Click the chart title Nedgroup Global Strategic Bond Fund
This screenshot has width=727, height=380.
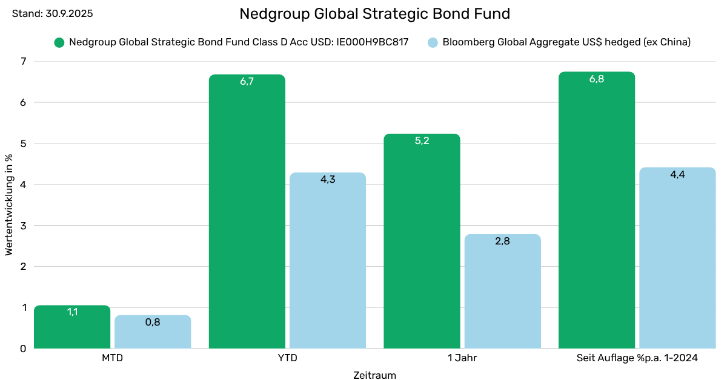pos(374,14)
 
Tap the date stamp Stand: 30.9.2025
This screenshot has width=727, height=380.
pos(53,13)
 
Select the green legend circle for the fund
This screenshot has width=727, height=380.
pos(59,42)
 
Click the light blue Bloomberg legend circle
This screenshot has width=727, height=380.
pos(433,42)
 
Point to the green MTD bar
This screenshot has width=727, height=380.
pos(72,330)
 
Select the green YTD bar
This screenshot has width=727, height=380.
pos(247,212)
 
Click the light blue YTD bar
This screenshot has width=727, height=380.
pos(328,260)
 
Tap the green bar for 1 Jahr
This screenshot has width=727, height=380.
pos(422,242)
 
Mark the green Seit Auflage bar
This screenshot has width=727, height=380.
pos(597,212)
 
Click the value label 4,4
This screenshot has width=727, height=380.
pos(677,174)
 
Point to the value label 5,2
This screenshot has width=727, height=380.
pos(422,141)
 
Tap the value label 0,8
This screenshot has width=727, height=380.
pos(153,323)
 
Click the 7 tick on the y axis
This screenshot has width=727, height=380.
pos(24,61)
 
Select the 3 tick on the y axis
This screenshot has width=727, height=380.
pos(24,225)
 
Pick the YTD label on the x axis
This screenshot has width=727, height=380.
pos(287,358)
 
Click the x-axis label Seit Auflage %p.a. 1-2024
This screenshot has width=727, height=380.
pos(637,358)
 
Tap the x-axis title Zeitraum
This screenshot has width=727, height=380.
pos(374,375)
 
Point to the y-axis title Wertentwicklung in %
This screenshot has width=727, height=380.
pos(9,205)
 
